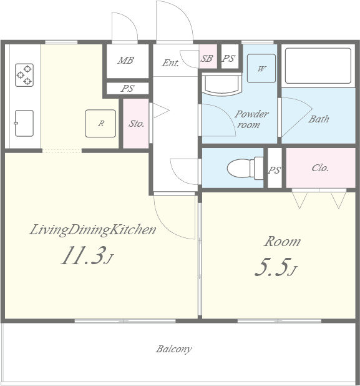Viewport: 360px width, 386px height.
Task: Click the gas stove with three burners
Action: (x=24, y=75)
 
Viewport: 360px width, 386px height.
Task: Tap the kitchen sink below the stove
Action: (x=24, y=123)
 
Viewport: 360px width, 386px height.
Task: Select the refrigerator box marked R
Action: (x=100, y=123)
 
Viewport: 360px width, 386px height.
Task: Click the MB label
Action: (x=125, y=61)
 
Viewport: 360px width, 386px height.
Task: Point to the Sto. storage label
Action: (x=136, y=123)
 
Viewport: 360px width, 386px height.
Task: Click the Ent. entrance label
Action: (x=170, y=63)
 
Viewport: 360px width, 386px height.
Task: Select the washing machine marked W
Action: (x=261, y=69)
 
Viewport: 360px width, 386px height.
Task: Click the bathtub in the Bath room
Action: (x=318, y=66)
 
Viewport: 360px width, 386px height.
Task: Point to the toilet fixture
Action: (x=245, y=169)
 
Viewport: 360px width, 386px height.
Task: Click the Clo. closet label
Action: (x=320, y=168)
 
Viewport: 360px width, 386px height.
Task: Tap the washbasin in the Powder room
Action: (x=222, y=85)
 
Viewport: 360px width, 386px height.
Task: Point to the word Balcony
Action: (x=174, y=349)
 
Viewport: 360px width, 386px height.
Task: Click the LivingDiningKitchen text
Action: (x=93, y=230)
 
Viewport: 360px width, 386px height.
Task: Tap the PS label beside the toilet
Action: (x=275, y=170)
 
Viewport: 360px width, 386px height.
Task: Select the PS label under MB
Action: (x=128, y=88)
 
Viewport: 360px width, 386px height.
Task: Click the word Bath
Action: (x=319, y=119)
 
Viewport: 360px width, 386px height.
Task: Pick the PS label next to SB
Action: (x=229, y=58)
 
